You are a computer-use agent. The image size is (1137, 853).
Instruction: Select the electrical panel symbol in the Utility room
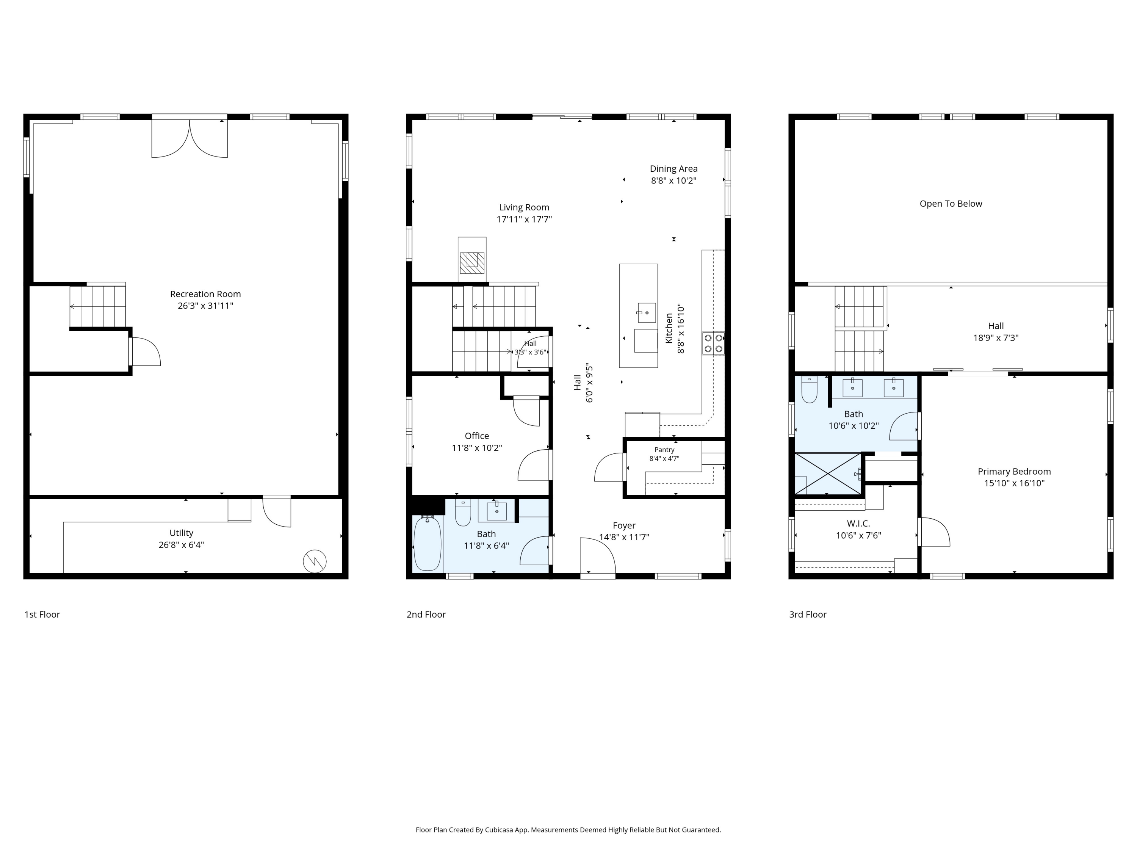pyautogui.click(x=315, y=561)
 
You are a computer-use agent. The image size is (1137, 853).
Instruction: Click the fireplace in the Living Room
pyautogui.click(x=472, y=263)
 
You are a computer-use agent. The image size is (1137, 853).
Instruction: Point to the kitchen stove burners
pyautogui.click(x=713, y=343)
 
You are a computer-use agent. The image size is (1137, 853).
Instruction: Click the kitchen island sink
pyautogui.click(x=647, y=312)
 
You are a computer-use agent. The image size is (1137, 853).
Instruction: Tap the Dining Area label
pyautogui.click(x=673, y=169)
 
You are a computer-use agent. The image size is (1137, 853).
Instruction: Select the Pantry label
pyautogui.click(x=664, y=450)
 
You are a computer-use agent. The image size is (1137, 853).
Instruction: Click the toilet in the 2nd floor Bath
pyautogui.click(x=463, y=513)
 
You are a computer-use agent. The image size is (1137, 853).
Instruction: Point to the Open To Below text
pyautogui.click(x=951, y=204)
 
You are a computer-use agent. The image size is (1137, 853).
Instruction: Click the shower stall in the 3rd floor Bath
pyautogui.click(x=828, y=474)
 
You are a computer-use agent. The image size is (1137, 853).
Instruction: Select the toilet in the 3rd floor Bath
pyautogui.click(x=810, y=389)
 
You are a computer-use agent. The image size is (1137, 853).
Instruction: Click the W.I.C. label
pyautogui.click(x=858, y=524)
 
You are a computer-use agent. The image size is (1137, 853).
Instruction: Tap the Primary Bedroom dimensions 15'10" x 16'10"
pyautogui.click(x=1014, y=483)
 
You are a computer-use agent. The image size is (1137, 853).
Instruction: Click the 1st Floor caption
pyautogui.click(x=42, y=615)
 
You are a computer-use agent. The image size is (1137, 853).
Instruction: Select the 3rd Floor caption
pyautogui.click(x=808, y=615)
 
